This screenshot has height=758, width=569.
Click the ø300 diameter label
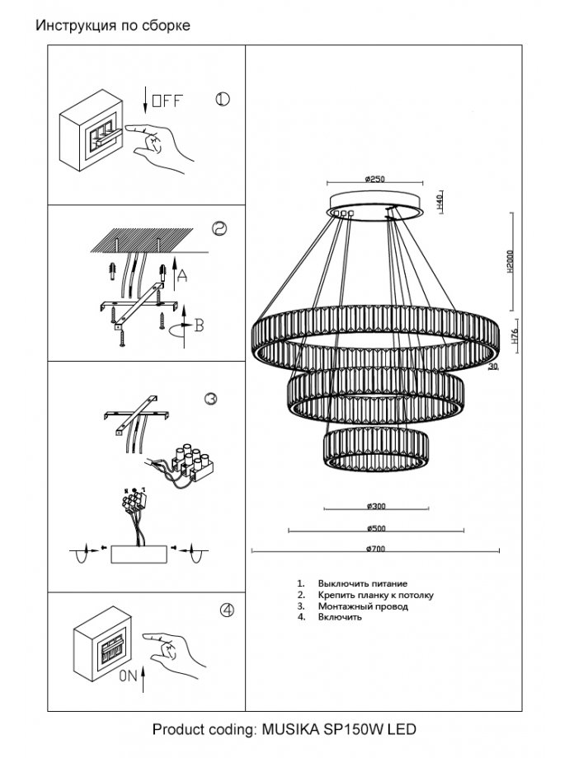(374, 505)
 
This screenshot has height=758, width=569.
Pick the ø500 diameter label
(374, 527)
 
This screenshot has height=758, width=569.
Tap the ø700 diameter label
(374, 549)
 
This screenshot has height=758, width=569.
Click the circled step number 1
(222, 100)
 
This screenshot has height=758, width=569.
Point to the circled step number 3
(210, 400)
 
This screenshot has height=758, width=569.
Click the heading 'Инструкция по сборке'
(112, 26)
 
